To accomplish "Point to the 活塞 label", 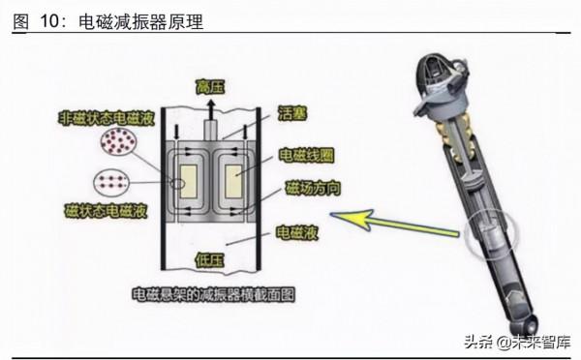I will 292,112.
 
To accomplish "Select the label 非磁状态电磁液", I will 99,117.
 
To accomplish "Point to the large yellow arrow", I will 397,225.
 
